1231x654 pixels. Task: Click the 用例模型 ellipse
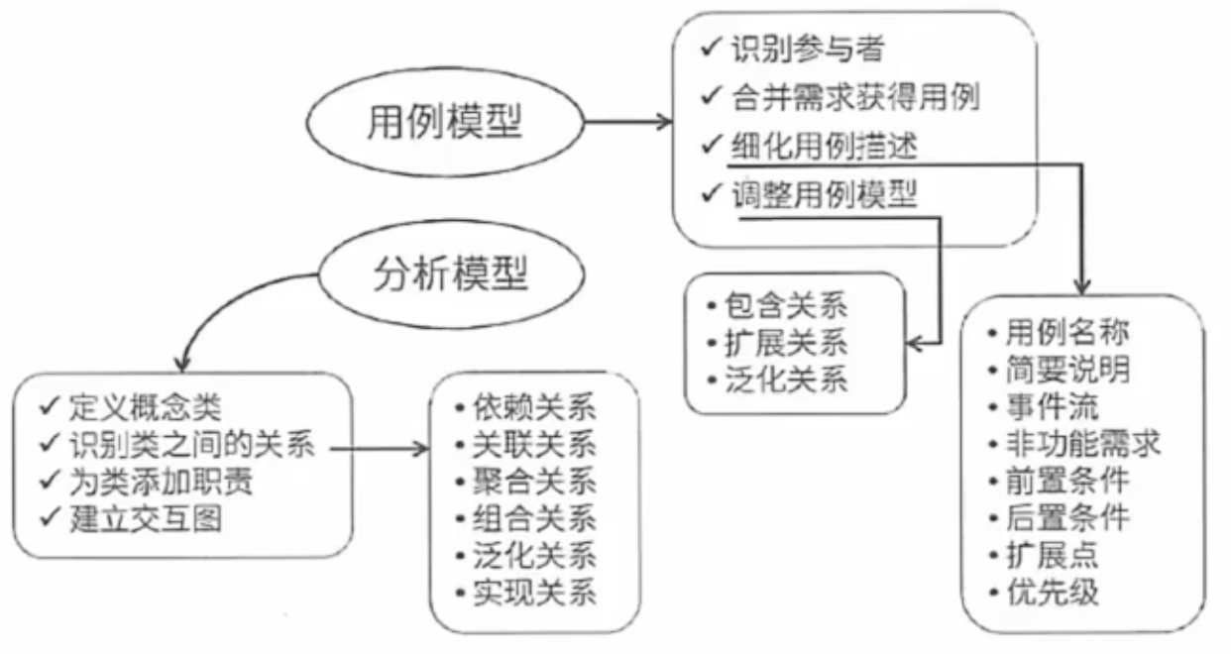446,122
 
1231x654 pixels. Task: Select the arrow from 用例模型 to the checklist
629,123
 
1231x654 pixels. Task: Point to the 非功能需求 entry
1080,443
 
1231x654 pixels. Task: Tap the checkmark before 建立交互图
49,519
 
